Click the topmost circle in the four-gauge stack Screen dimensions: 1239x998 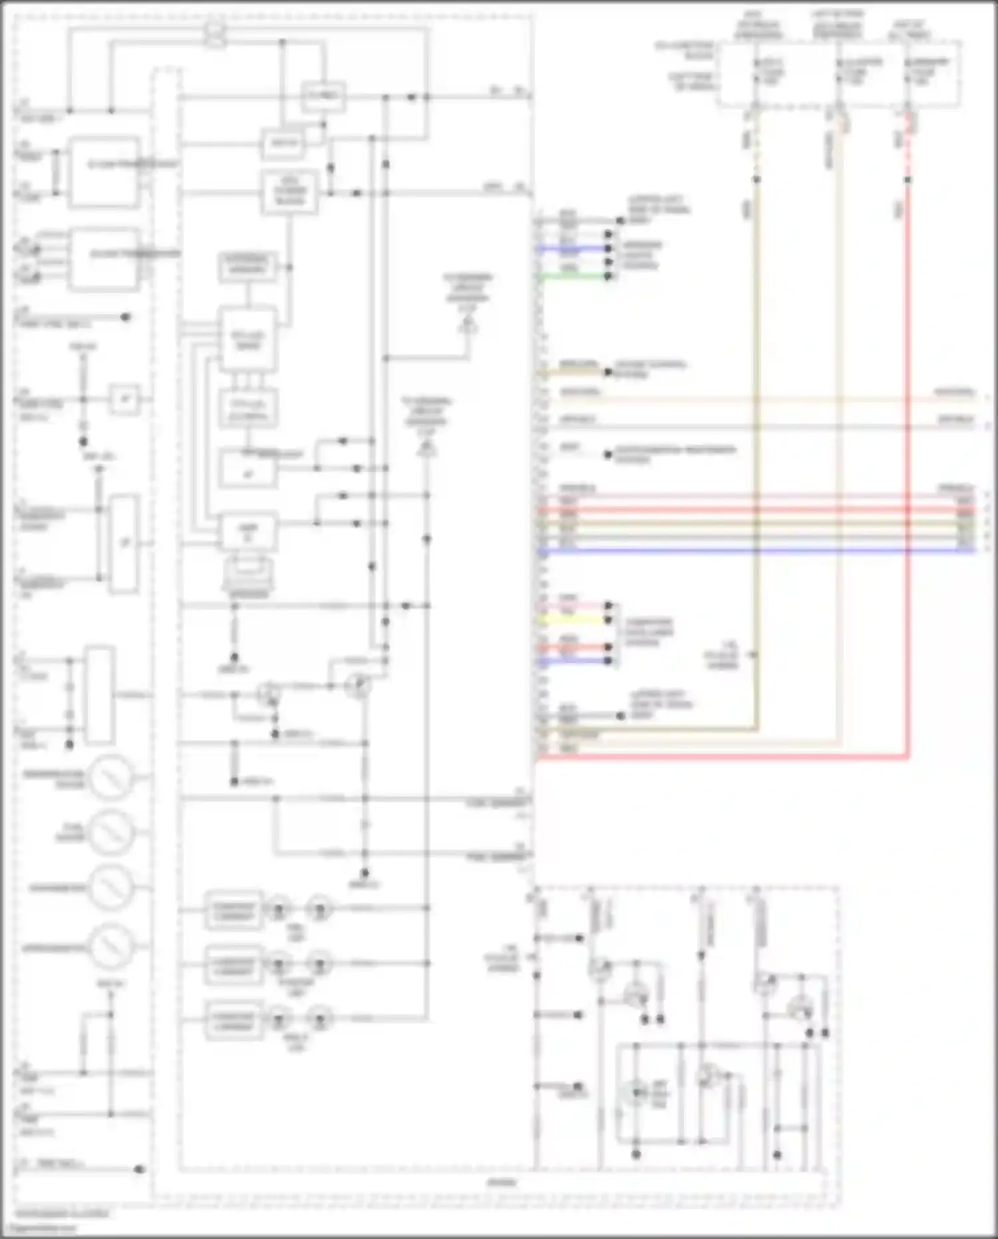pyautogui.click(x=112, y=776)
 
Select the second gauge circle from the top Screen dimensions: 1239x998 pyautogui.click(x=112, y=832)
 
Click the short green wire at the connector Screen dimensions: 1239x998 pyautogui.click(x=572, y=276)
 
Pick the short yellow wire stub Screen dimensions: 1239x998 pyautogui.click(x=572, y=620)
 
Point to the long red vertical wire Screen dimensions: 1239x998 pyautogui.click(x=908, y=466)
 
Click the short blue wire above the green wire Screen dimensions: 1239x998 pyautogui.click(x=572, y=248)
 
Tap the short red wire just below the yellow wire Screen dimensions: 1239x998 pyautogui.click(x=572, y=647)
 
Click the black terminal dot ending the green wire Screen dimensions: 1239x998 pyautogui.click(x=607, y=276)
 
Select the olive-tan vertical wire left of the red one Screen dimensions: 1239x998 pyautogui.click(x=756, y=466)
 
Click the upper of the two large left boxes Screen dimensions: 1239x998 pyautogui.click(x=104, y=172)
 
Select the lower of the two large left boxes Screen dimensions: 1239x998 pyautogui.click(x=104, y=260)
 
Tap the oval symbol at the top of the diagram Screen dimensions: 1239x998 pyautogui.click(x=215, y=33)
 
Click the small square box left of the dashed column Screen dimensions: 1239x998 pyautogui.click(x=124, y=399)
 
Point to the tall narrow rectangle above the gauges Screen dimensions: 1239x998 pyautogui.click(x=99, y=694)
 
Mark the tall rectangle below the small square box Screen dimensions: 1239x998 pyautogui.click(x=124, y=543)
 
